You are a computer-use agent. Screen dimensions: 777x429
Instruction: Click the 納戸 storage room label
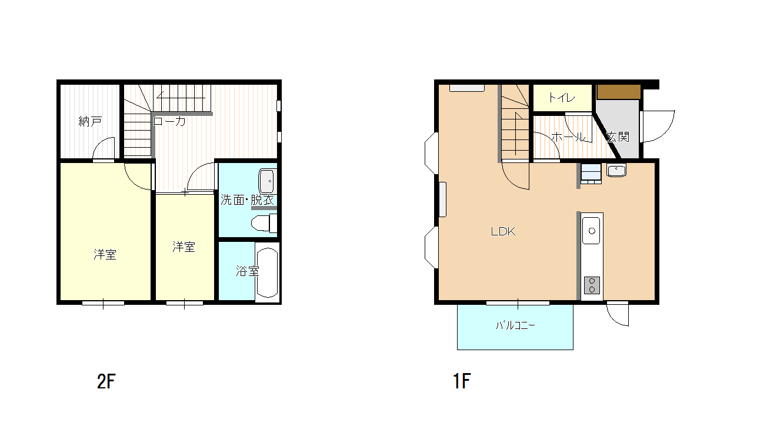[90, 121]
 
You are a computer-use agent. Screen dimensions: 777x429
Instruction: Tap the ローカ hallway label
[169, 121]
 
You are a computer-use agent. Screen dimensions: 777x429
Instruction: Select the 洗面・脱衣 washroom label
[247, 200]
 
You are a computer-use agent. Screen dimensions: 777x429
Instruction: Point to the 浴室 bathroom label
[247, 271]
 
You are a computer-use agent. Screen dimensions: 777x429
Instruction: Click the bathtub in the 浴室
[268, 272]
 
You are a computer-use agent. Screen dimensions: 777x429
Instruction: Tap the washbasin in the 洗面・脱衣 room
[267, 181]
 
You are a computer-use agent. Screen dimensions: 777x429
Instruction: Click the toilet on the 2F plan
[264, 223]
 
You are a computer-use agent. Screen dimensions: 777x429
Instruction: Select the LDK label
[503, 231]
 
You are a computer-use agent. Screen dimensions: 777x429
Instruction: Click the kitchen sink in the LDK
[591, 231]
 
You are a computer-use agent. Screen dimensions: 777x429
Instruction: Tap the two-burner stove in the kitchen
[592, 285]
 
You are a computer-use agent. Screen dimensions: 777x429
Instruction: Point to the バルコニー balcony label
[515, 325]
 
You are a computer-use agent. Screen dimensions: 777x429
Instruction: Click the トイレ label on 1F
[562, 98]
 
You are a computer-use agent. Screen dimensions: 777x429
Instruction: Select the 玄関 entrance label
[618, 137]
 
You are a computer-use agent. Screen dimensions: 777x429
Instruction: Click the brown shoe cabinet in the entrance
[618, 92]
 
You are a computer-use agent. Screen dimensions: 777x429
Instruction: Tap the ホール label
[568, 137]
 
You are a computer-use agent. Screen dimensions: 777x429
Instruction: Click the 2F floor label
[106, 381]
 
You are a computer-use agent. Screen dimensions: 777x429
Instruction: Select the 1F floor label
[462, 381]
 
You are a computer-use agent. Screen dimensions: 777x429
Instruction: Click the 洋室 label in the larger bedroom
[105, 254]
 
